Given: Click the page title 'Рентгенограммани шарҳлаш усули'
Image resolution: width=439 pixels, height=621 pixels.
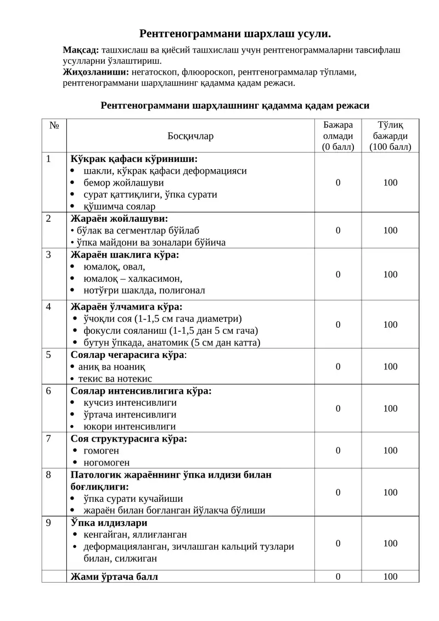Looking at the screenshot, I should click(x=235, y=33).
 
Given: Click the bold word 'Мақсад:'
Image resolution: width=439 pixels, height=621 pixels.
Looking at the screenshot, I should click(x=81, y=50).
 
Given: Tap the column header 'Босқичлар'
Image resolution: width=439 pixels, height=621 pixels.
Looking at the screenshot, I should click(x=190, y=136).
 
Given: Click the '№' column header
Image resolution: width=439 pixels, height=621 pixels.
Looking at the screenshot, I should click(x=54, y=125).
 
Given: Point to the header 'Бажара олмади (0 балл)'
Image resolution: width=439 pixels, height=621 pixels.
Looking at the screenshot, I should click(x=338, y=136).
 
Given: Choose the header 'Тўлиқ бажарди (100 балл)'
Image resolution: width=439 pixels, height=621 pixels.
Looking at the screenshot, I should click(x=390, y=136).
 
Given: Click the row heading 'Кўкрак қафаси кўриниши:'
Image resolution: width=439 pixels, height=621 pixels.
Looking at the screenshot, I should click(x=134, y=159).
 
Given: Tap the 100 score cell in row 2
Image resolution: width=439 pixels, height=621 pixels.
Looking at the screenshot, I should click(x=390, y=230).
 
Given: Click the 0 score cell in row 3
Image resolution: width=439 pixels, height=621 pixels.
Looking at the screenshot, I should click(x=338, y=274).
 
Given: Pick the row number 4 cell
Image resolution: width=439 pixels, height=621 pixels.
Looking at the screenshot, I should click(x=49, y=306).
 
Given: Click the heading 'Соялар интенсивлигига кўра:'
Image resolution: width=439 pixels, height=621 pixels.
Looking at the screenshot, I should click(x=141, y=391).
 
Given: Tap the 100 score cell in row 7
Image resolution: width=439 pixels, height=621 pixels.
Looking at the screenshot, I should click(x=390, y=450).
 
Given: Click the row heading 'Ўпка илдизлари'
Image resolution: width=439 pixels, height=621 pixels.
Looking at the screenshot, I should click(x=109, y=523).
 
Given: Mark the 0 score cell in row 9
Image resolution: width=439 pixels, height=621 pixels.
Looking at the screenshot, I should click(x=338, y=543).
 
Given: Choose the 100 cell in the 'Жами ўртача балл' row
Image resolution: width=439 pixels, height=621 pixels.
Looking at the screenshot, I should click(x=390, y=577).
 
